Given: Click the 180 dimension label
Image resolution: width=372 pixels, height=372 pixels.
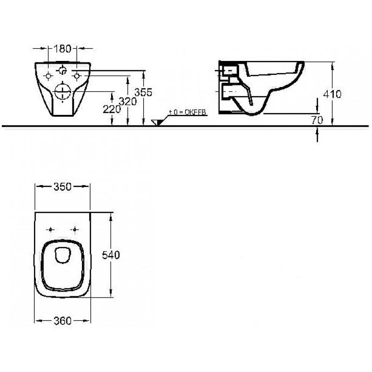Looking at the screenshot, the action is pyautogui.click(x=62, y=49).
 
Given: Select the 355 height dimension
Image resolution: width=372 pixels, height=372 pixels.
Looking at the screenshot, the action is pyautogui.click(x=143, y=92).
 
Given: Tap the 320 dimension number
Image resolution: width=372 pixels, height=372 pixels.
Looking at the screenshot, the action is pyautogui.click(x=127, y=101).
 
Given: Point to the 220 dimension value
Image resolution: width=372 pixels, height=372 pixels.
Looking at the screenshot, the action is pyautogui.click(x=112, y=109).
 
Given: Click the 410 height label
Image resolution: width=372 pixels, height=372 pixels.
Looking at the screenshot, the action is pyautogui.click(x=332, y=94).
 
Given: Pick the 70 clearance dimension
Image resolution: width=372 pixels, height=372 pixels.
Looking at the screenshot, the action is pyautogui.click(x=317, y=120).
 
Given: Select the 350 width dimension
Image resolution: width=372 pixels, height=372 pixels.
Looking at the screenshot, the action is pyautogui.click(x=62, y=187).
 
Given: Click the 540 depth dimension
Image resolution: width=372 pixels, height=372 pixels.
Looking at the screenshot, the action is pyautogui.click(x=111, y=255).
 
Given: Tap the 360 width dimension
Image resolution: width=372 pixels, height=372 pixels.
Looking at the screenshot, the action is pyautogui.click(x=62, y=321).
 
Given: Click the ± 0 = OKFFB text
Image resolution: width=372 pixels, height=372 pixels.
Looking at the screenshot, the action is pyautogui.click(x=187, y=112).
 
